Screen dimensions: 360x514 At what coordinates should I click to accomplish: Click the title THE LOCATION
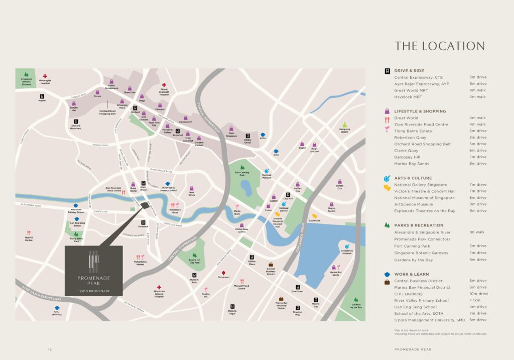point(439,46)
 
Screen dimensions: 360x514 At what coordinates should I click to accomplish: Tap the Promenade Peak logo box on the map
point(93,271)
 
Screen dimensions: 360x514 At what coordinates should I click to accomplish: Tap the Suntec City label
point(339,187)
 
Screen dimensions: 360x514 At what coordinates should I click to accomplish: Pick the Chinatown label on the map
point(223,277)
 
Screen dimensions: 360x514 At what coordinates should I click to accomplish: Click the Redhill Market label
point(29,239)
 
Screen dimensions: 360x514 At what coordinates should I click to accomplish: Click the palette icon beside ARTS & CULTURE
point(387,178)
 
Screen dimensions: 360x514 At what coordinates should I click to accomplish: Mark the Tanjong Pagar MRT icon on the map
point(231,306)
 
